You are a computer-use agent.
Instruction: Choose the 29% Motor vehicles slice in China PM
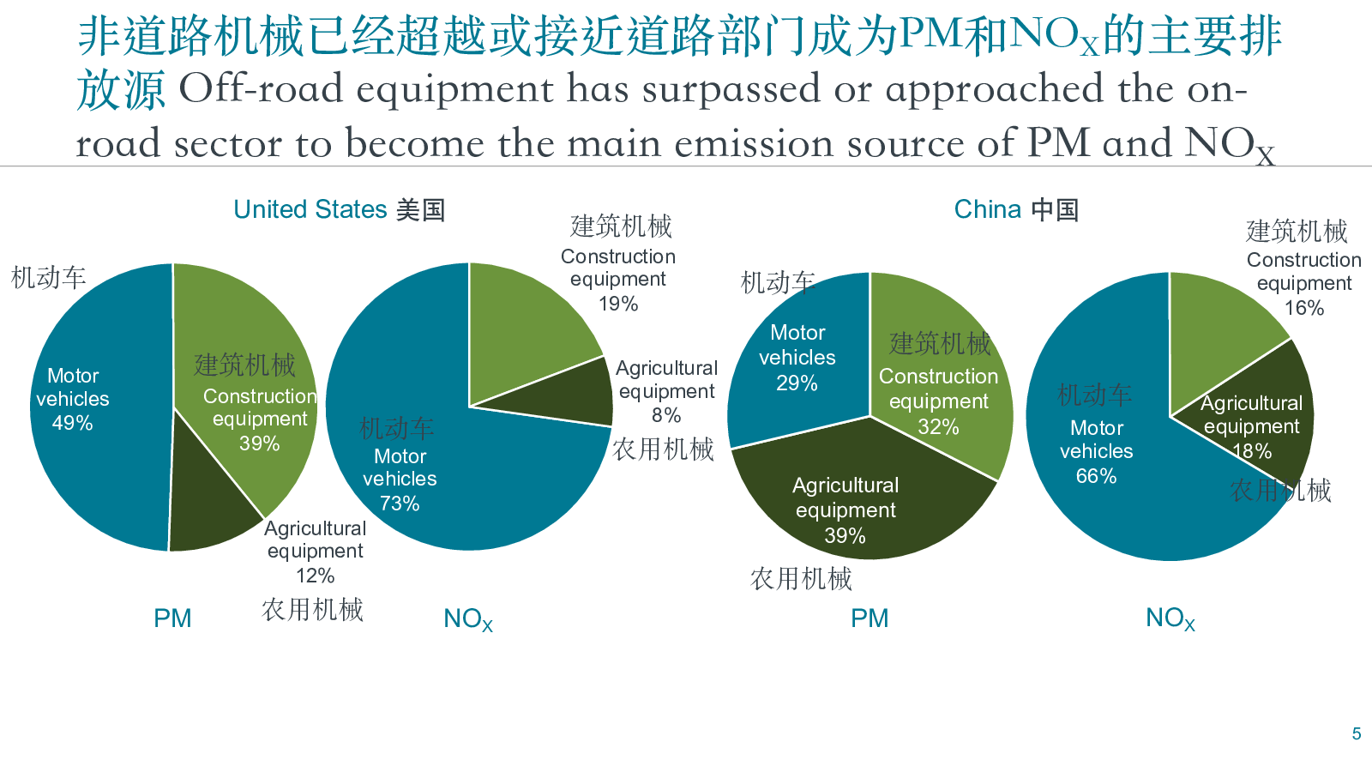tap(797, 360)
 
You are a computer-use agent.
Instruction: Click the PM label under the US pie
tap(172, 618)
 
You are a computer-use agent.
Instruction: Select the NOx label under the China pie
tap(1170, 618)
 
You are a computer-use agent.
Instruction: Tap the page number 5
tap(1357, 734)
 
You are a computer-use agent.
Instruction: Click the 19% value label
tap(618, 304)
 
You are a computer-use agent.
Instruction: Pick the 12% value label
tap(315, 576)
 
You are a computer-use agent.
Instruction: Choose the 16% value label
tap(1303, 308)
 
